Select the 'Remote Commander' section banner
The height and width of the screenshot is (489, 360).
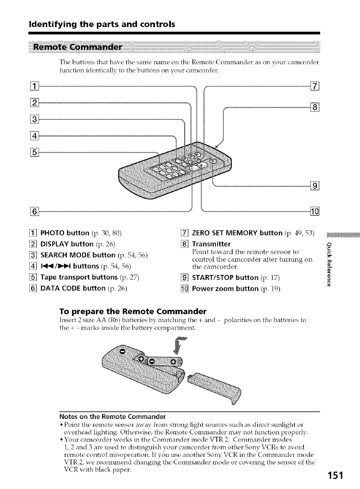[x=84, y=46]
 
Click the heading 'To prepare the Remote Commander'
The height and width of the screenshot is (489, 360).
[x=132, y=312]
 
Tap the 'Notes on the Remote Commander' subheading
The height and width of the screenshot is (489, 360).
[x=112, y=416]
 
